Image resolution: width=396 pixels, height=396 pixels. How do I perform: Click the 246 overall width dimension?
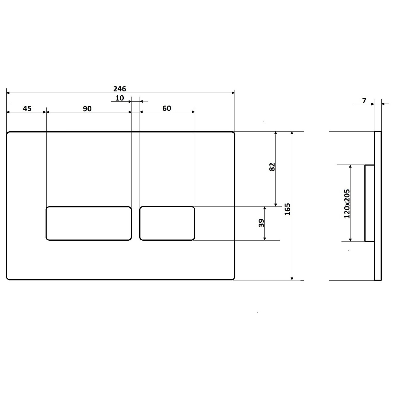tap(120, 89)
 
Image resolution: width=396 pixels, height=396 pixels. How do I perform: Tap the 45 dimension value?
tap(27, 108)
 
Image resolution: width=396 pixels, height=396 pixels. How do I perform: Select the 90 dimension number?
tap(87, 108)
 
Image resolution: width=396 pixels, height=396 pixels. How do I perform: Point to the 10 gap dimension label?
tap(120, 98)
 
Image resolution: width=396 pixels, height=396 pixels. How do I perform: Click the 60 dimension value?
tap(167, 108)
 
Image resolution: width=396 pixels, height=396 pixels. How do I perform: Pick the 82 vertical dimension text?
tap(272, 167)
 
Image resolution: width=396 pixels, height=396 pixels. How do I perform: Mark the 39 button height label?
tap(261, 223)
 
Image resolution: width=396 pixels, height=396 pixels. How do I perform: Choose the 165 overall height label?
tap(288, 209)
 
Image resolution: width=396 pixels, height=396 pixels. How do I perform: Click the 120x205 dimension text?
tap(347, 204)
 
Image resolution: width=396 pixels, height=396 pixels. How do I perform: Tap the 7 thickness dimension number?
tap(364, 101)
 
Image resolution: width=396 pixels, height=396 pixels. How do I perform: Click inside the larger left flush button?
tap(89, 223)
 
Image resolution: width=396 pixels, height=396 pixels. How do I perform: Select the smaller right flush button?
tap(167, 223)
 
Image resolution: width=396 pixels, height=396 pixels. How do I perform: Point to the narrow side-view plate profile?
tap(378, 206)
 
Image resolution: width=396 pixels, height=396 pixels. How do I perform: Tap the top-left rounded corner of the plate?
tap(8, 133)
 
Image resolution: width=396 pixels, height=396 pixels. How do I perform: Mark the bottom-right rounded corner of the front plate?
tap(233, 278)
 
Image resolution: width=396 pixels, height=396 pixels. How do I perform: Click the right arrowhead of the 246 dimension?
tap(233, 93)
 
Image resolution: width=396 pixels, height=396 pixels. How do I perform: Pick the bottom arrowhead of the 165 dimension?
tap(292, 278)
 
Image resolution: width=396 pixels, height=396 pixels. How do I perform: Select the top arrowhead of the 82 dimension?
tap(276, 133)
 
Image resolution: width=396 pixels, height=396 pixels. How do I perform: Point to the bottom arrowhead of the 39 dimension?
tap(265, 239)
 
